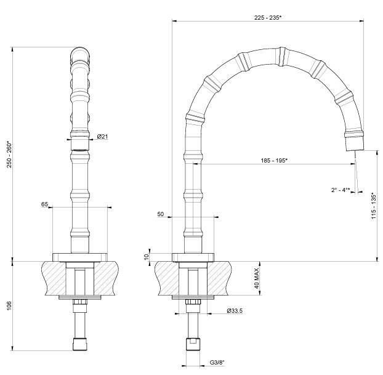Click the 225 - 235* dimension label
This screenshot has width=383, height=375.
click(268, 18)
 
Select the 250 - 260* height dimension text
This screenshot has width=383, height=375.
click(9, 154)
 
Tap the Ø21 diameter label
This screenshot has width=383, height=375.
click(102, 136)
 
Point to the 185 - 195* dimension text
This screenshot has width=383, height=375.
click(274, 161)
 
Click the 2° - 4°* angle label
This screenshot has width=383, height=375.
click(341, 190)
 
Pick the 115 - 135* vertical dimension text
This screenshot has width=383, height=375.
click(374, 206)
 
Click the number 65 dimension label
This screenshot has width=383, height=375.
click(45, 204)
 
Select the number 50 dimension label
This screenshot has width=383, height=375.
click(161, 214)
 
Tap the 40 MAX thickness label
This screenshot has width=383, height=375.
click(257, 278)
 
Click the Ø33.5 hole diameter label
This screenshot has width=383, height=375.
click(235, 311)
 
